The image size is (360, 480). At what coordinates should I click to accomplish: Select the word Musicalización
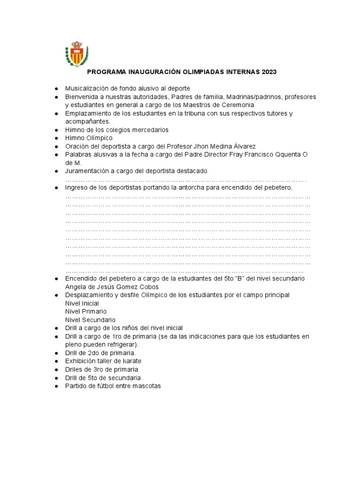(x=87, y=89)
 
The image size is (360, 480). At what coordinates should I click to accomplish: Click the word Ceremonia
(x=238, y=105)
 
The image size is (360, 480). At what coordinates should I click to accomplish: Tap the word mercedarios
(x=150, y=130)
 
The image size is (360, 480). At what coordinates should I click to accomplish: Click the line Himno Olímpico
(x=89, y=138)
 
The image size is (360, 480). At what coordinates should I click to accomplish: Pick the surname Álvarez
(x=243, y=146)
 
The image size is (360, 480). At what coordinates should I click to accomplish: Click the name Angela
(x=75, y=286)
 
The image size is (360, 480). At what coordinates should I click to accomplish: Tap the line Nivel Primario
(x=86, y=311)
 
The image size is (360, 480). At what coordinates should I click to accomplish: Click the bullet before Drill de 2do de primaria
(x=56, y=353)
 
